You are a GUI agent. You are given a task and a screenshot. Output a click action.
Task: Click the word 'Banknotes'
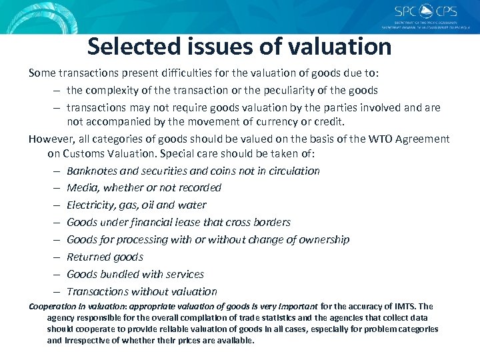coord(93,171)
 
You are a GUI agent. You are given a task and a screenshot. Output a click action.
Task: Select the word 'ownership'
coord(322,240)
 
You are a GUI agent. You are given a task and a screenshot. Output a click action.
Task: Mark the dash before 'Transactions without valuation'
coord(58,292)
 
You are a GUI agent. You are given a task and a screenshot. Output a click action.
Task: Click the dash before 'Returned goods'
coord(58,257)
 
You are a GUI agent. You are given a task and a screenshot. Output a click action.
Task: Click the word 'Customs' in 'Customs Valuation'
coord(84,153)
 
